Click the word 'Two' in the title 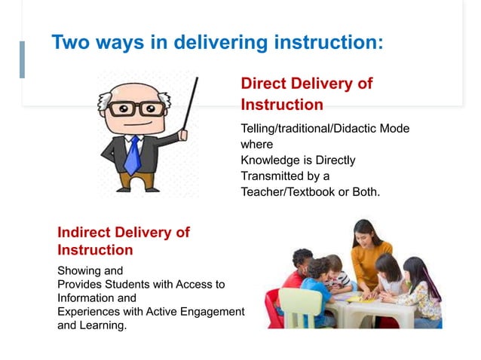point(69,42)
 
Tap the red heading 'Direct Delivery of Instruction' point(306,93)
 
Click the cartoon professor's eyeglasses point(136,108)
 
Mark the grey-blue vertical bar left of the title point(22,59)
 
